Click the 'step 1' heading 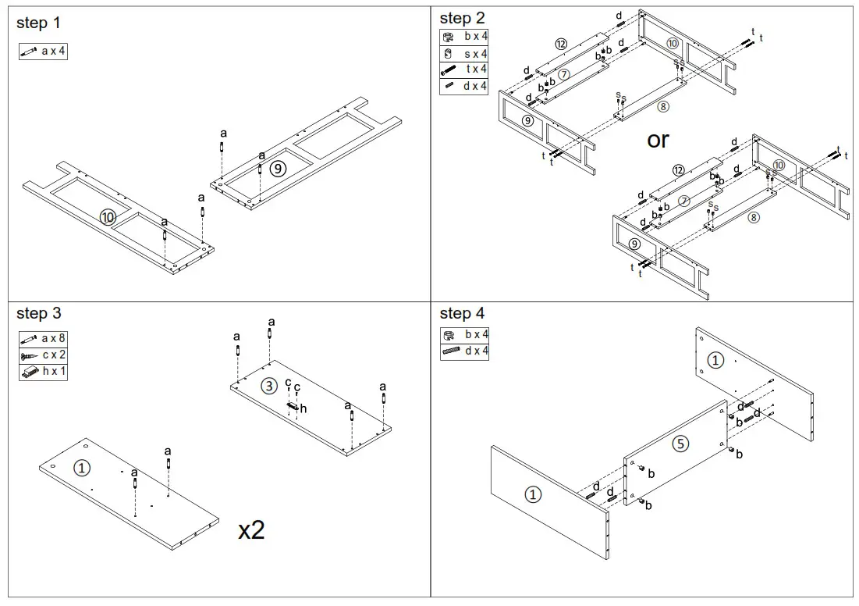tap(38, 23)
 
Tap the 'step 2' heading tap(462, 18)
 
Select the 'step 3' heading tap(39, 313)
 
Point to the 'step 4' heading tap(462, 313)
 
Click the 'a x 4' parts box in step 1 tap(43, 52)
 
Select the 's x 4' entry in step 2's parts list tap(464, 54)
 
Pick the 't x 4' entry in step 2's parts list tap(464, 70)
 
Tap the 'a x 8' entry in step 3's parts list tap(43, 339)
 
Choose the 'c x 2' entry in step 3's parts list tap(43, 355)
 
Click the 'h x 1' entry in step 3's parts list tap(43, 372)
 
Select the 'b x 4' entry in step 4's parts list tap(464, 334)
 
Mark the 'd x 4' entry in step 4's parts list tap(464, 351)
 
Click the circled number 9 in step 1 tap(278, 168)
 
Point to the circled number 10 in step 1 tap(108, 217)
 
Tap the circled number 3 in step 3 tap(268, 386)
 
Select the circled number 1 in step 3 tap(82, 468)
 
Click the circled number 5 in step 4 tap(680, 444)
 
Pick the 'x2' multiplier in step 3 tap(251, 531)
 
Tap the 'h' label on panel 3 tap(303, 408)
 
